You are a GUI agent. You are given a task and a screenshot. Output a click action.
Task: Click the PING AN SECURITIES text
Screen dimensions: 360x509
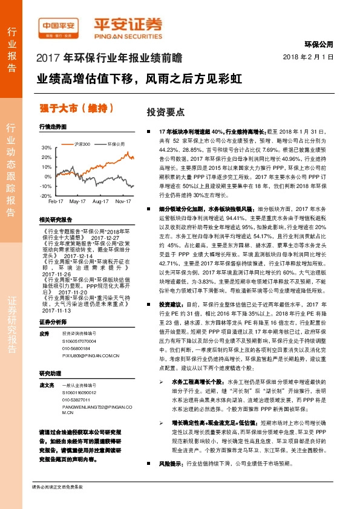[x=128, y=35]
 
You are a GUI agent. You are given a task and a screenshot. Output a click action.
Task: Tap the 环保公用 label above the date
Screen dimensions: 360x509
[x=319, y=44]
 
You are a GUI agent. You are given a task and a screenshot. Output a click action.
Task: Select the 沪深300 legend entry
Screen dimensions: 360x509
[x=82, y=144]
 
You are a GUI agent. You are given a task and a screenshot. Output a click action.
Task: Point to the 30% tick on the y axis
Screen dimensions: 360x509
[x=47, y=148]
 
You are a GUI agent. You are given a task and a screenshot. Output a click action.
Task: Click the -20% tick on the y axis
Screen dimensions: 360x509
[x=46, y=196]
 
